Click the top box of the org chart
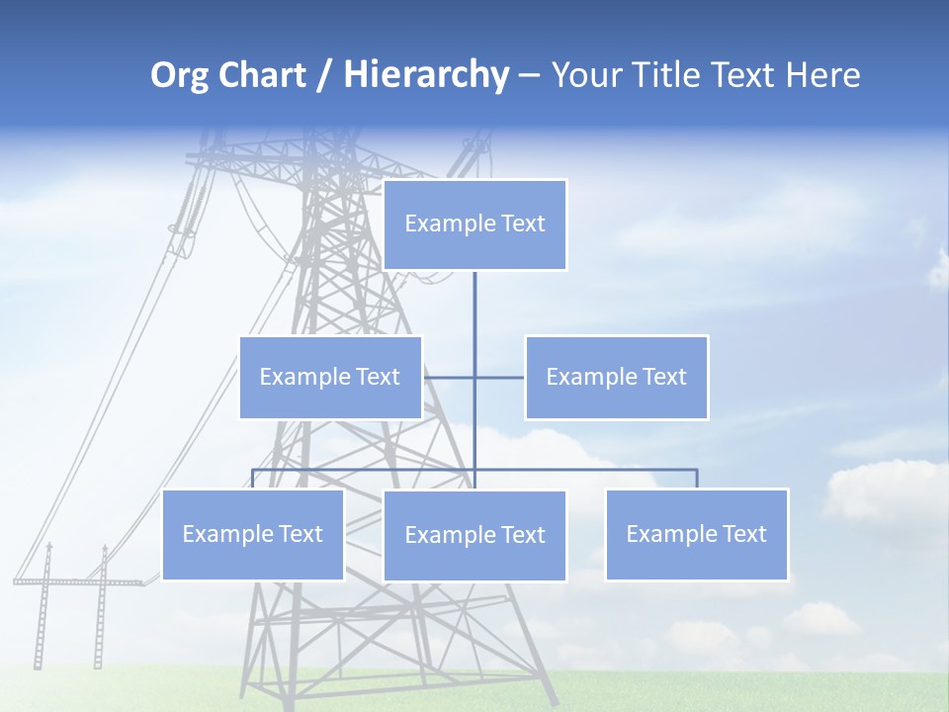pyautogui.click(x=474, y=224)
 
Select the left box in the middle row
pyautogui.click(x=330, y=377)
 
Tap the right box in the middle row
pyautogui.click(x=617, y=377)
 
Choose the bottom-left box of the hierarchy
pyautogui.click(x=253, y=534)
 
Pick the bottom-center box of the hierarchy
pyautogui.click(x=474, y=535)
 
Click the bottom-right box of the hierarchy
pyautogui.click(x=697, y=534)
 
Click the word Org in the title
pyautogui.click(x=179, y=75)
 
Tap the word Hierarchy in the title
pyautogui.click(x=426, y=75)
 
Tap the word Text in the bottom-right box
pyautogui.click(x=744, y=534)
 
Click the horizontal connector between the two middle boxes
pyautogui.click(x=474, y=377)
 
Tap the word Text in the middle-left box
pyautogui.click(x=379, y=377)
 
